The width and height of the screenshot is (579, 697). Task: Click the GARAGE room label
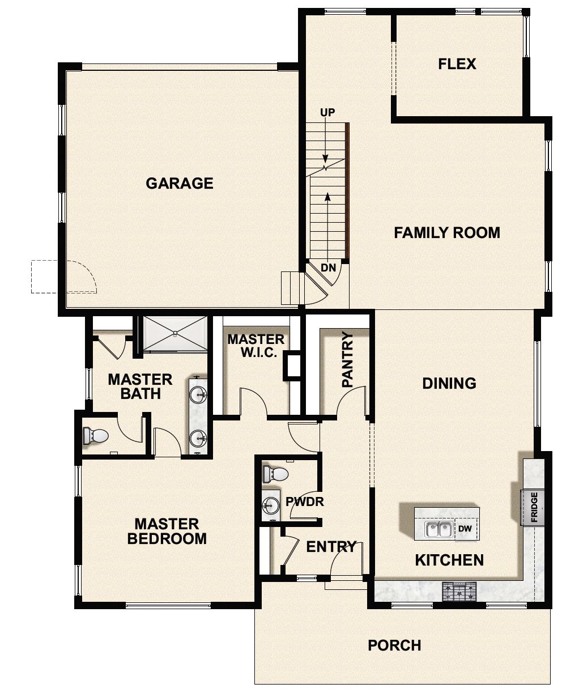click(x=180, y=183)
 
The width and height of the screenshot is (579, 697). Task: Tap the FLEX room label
click(x=457, y=63)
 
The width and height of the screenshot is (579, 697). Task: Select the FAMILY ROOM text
click(x=447, y=232)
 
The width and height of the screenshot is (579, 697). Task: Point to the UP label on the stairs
click(x=327, y=113)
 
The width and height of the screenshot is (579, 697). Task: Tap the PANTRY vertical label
click(x=348, y=360)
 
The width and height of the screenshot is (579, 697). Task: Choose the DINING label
click(x=449, y=383)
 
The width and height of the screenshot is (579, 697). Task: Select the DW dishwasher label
click(x=465, y=529)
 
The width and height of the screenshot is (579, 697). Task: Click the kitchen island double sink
click(x=438, y=529)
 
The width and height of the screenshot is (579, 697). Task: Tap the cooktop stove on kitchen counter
click(x=459, y=592)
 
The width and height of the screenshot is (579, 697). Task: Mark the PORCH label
click(x=394, y=645)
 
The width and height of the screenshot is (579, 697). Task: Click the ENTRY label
click(x=331, y=547)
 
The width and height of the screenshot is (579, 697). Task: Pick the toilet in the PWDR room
click(x=275, y=474)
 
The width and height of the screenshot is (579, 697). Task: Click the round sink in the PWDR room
click(x=271, y=504)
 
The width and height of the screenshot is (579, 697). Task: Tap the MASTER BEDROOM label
click(x=167, y=531)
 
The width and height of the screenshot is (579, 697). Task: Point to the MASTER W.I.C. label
click(x=256, y=346)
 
